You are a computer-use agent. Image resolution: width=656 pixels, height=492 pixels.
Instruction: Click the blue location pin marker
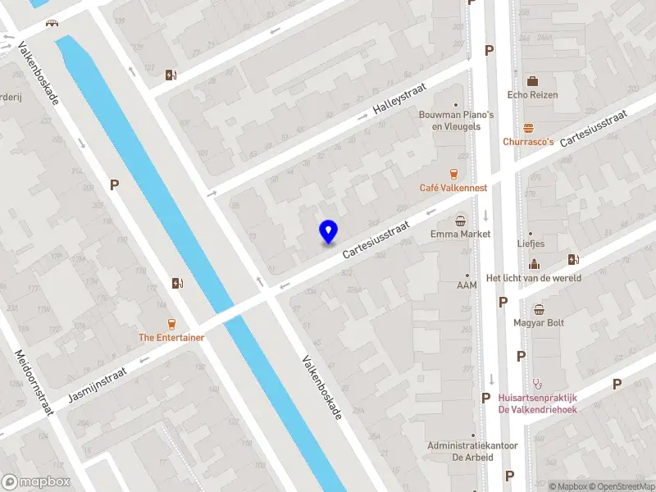[x=329, y=232]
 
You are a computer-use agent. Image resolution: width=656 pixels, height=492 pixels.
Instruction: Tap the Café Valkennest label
[x=453, y=188]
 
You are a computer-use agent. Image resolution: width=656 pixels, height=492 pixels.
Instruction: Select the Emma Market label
[x=461, y=234]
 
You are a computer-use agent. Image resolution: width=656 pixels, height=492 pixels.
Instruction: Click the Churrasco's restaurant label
[x=528, y=141]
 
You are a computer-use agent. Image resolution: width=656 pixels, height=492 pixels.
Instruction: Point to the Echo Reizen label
[x=532, y=94]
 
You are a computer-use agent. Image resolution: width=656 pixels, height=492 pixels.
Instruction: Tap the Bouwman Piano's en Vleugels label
[x=456, y=121]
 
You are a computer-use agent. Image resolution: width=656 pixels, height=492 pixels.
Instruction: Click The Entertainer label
[x=171, y=337]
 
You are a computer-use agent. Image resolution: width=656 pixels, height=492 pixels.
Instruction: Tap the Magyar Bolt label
[x=539, y=322]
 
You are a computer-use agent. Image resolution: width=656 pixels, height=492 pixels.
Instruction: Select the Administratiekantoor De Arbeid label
[x=472, y=451]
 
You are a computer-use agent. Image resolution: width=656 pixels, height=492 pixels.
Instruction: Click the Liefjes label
[x=531, y=244]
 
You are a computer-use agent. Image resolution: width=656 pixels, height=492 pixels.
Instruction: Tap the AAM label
[x=467, y=285]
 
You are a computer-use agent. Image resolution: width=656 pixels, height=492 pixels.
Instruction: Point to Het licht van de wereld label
[x=533, y=278]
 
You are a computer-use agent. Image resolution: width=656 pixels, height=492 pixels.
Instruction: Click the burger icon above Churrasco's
[x=529, y=128]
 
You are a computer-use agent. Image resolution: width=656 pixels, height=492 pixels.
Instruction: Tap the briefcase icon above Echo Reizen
[x=532, y=81]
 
